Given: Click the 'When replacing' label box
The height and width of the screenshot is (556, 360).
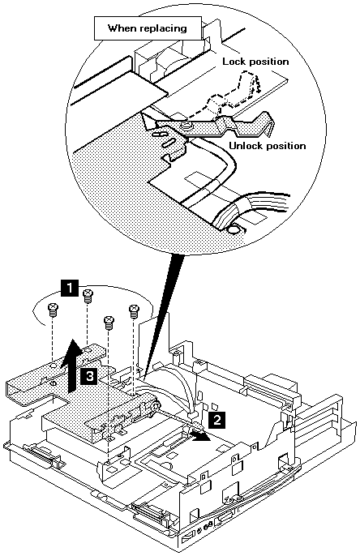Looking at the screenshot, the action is (x=148, y=28).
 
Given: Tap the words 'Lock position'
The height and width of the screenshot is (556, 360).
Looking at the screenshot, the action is (x=255, y=62).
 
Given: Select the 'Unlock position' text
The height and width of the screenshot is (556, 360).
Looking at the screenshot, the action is (x=267, y=146).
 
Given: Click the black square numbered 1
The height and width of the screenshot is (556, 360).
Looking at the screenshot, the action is (x=70, y=287).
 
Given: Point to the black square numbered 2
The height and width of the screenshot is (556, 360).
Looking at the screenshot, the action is (x=216, y=420).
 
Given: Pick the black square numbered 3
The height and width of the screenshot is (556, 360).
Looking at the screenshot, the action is (x=89, y=376).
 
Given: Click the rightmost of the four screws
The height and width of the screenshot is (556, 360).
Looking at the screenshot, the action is (x=134, y=311).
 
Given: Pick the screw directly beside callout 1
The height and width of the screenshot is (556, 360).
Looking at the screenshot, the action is (x=88, y=296).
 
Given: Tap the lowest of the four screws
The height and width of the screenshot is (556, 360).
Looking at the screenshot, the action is (x=109, y=323).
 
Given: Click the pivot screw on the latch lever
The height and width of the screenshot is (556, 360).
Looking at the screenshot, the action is (x=185, y=125).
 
